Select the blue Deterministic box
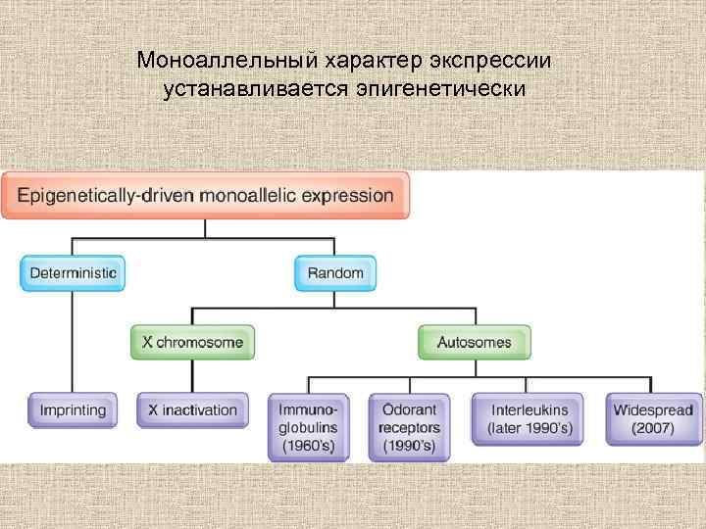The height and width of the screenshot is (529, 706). tap(73, 272)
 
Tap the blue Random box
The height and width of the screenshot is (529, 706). tap(335, 272)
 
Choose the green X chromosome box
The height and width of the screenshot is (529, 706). tap(193, 343)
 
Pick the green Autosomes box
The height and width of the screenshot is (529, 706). tap(475, 343)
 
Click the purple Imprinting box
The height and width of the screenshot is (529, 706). tap(73, 409)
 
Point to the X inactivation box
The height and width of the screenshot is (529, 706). tap(193, 409)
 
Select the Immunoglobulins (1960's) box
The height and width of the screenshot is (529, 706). tap(308, 427)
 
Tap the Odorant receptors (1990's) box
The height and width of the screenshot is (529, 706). tap(409, 427)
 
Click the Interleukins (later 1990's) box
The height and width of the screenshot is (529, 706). tap(528, 418)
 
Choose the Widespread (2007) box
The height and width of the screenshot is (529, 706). tap(652, 418)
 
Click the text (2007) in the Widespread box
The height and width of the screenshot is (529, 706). tap(652, 428)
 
